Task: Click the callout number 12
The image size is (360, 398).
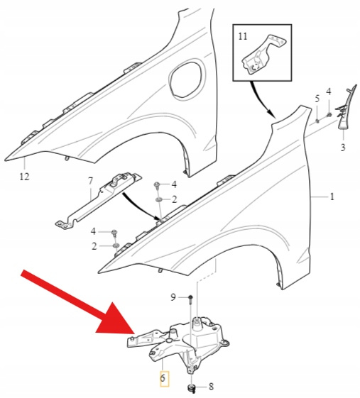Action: [x=24, y=177]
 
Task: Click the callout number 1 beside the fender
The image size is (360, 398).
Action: [x=332, y=197]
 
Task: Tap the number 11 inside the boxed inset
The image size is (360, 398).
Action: [x=243, y=36]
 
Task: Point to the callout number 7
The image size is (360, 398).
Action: [x=90, y=181]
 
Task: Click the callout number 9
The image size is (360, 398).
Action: [x=173, y=297]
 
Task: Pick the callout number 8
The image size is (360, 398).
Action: [x=211, y=387]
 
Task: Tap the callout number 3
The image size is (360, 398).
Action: [x=343, y=148]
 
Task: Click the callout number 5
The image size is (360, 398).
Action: [x=317, y=99]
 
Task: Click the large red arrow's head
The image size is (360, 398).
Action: [x=116, y=320]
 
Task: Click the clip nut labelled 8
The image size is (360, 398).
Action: [x=191, y=388]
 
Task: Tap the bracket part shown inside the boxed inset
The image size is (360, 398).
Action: [x=262, y=55]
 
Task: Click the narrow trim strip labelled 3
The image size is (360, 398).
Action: [x=346, y=108]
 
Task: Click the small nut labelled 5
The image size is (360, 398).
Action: [x=317, y=121]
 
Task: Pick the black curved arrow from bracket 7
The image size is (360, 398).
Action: [x=142, y=207]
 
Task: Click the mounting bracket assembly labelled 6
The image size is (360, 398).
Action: [x=178, y=343]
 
